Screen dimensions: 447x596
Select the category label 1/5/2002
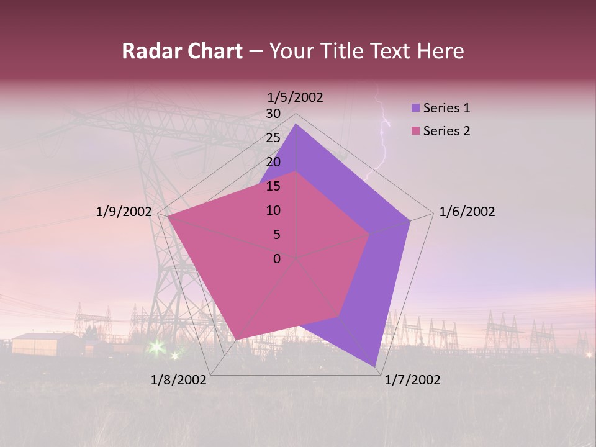pos(295,97)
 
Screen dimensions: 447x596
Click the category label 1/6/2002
pos(467,212)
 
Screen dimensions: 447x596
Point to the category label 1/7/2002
pos(412,380)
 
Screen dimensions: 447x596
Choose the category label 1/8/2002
pos(179,380)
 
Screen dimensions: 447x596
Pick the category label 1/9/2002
pos(124,212)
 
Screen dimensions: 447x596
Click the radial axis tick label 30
pos(273,114)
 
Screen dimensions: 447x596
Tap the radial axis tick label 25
pos(273,138)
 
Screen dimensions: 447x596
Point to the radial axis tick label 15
pos(273,186)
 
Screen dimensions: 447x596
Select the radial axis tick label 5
pos(276,235)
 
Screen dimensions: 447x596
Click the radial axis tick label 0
pos(277,259)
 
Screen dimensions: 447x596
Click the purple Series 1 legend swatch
pos(415,108)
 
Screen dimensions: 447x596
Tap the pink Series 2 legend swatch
pos(415,131)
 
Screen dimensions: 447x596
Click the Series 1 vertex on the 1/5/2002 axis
pos(296,124)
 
